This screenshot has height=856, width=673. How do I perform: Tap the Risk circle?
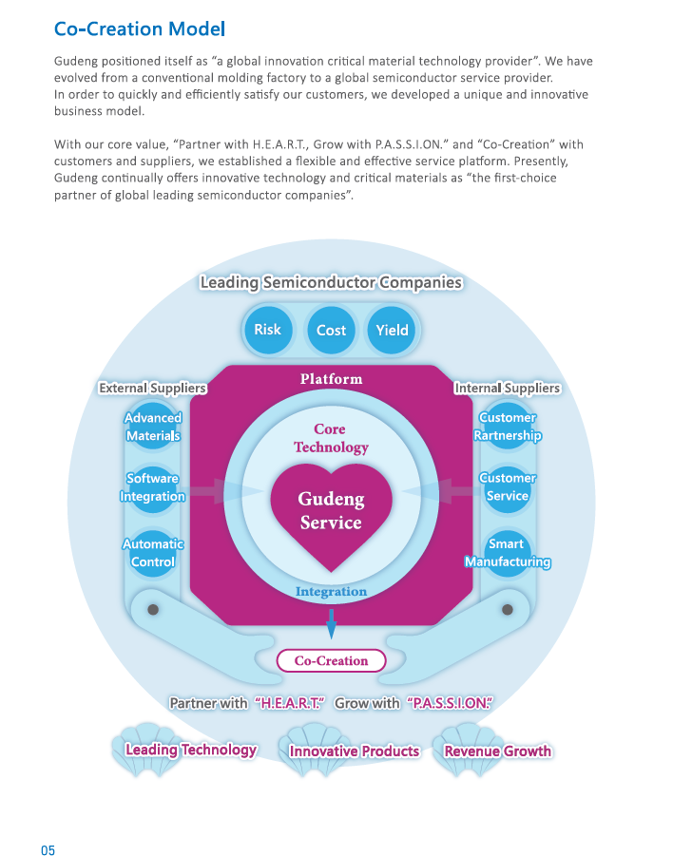pos(267,330)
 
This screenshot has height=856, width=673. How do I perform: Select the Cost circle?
pos(331,330)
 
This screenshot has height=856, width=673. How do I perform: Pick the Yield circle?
pos(392,330)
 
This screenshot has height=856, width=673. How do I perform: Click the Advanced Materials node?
pos(152,427)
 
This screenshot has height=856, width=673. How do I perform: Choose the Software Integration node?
pos(152,487)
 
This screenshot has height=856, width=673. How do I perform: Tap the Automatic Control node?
pos(152,553)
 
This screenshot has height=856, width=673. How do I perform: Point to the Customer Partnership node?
pos(508,427)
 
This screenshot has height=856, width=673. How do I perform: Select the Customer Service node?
pos(508,487)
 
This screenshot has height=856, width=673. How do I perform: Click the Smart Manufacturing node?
pos(508,553)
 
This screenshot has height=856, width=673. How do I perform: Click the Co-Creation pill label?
pos(331,661)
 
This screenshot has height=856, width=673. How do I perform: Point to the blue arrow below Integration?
pos(332,623)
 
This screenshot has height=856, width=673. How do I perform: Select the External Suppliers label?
pos(152,388)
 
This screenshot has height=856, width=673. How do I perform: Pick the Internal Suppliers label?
pos(507,388)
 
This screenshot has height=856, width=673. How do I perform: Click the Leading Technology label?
pos(191,750)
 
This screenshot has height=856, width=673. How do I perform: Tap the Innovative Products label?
pos(354,751)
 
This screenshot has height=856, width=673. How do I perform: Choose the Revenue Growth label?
pos(497,751)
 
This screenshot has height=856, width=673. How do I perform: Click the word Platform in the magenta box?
pos(331,379)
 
